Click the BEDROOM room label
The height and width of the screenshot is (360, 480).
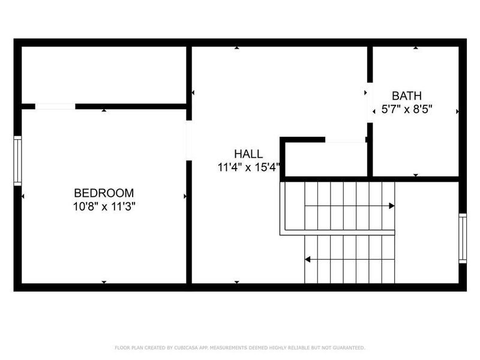pos(104,193)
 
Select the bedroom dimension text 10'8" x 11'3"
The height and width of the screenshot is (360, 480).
pos(104,206)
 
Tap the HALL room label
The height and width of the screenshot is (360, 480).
pos(248,154)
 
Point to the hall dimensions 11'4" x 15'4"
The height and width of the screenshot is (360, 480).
pos(248,167)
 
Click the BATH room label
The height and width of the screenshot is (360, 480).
pos(407,96)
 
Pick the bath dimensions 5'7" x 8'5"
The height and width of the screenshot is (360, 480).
pos(407,109)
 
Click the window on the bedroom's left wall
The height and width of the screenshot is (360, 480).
pos(17,160)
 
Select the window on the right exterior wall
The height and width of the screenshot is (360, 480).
pos(462,238)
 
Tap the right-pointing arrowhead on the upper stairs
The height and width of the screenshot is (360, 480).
pos(391,206)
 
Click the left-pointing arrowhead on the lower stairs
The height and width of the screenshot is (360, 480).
pos(308,260)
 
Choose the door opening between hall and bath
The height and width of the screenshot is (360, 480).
pos(370,106)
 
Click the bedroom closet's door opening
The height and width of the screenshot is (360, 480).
pos(55,107)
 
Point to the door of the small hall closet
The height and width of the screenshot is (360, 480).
pos(345,141)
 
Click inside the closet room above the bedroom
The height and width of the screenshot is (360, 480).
pos(103,75)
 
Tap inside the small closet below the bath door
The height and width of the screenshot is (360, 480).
pos(325,160)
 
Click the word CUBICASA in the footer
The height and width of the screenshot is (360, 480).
pos(183,347)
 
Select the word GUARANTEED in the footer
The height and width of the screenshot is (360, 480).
pos(349,347)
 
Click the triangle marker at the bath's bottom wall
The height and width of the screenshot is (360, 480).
pos(416,175)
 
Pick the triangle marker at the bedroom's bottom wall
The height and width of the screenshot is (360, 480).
pos(104,281)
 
